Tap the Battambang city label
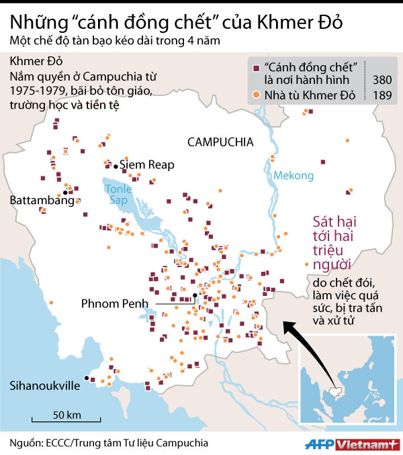[42, 200]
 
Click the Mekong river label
[294, 176]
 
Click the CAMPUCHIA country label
[220, 142]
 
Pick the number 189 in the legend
[382, 95]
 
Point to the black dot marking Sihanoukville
[86, 379]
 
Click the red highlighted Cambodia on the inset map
[335, 391]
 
